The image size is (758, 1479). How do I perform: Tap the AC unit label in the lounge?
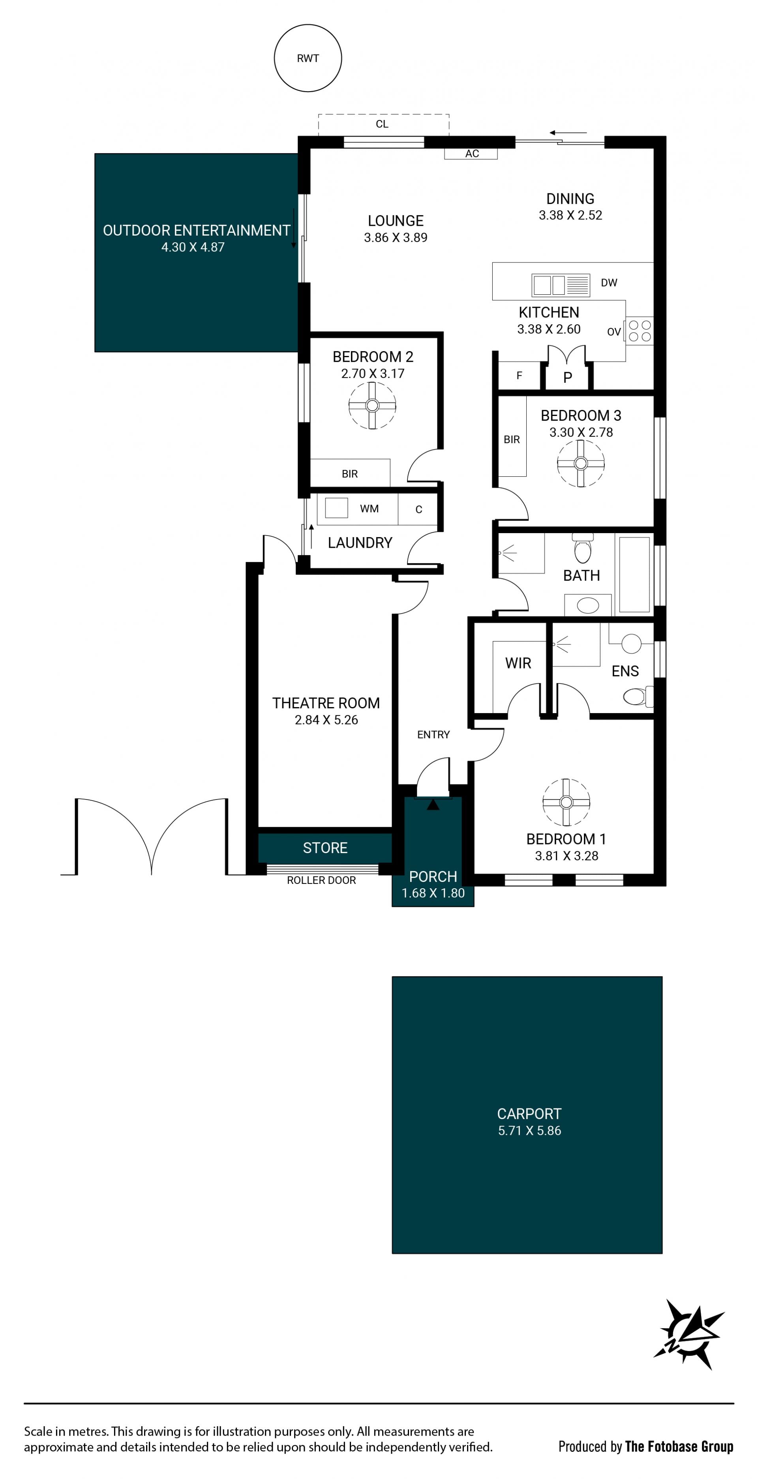click(472, 153)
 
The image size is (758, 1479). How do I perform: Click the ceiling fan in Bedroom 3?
click(581, 463)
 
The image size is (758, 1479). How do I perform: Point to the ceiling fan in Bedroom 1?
click(566, 802)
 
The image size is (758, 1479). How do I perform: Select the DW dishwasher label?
click(609, 283)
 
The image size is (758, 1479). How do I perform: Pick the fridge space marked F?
click(519, 376)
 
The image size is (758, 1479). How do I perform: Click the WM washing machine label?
click(369, 509)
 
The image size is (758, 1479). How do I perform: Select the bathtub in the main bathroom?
click(634, 574)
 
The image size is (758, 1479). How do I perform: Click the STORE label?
click(325, 848)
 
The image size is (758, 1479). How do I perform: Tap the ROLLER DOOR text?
click(322, 880)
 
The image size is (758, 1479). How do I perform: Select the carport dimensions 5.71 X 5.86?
click(529, 1131)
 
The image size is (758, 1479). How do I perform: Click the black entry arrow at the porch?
click(433, 805)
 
